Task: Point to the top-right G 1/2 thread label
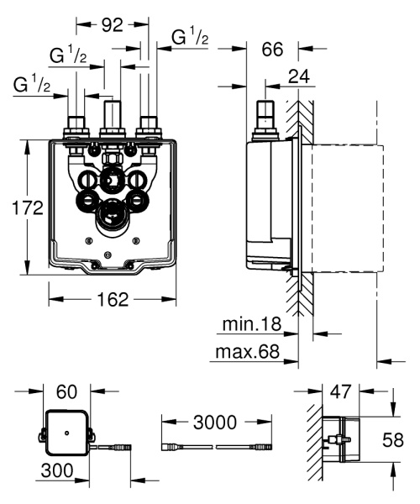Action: (187, 38)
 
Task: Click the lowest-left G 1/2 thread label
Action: (31, 85)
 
